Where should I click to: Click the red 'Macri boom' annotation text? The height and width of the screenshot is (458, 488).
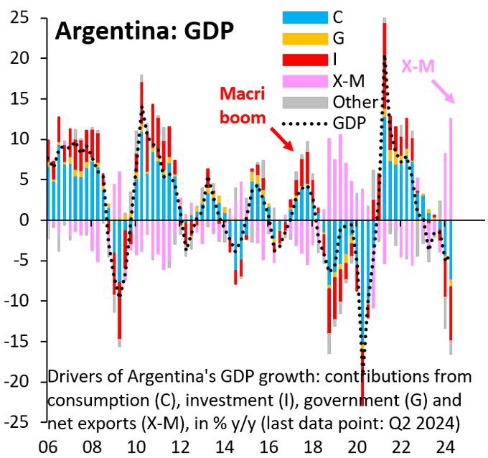(243, 106)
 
